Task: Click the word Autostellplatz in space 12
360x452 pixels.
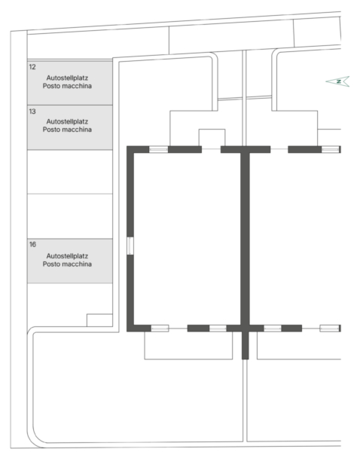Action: [67, 78]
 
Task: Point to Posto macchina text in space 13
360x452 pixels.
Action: [67, 130]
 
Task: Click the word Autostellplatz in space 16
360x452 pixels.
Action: [67, 256]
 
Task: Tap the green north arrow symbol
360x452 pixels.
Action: [338, 81]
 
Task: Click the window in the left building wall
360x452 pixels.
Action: [130, 246]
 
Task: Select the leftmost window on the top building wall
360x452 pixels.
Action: [158, 149]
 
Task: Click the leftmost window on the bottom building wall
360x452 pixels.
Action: [160, 328]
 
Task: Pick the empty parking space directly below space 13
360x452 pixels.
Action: [70, 172]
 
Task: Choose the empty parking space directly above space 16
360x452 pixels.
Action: [70, 216]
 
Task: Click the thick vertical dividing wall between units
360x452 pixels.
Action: [246, 239]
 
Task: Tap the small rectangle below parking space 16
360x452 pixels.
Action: [99, 320]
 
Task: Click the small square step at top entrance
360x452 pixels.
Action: [212, 138]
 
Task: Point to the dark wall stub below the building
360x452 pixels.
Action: [245, 345]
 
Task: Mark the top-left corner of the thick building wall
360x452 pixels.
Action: [127, 146]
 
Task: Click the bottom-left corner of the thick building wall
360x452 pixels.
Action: [127, 331]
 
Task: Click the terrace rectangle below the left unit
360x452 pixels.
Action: [188, 345]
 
